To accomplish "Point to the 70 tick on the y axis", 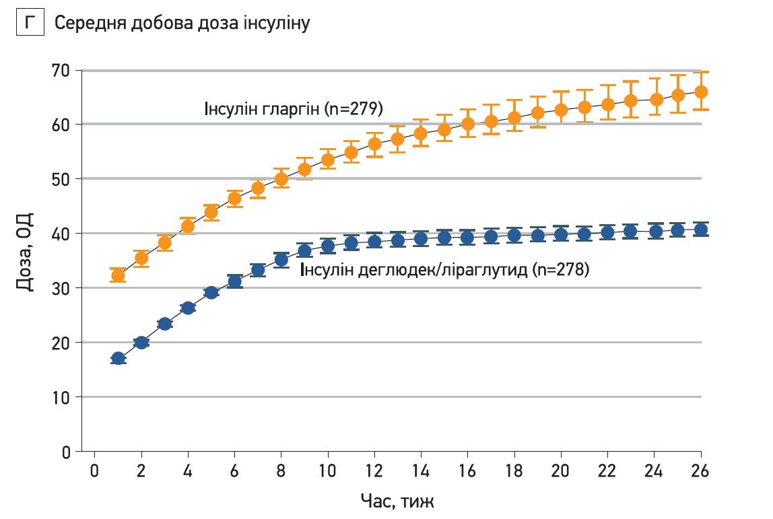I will pos(62,70).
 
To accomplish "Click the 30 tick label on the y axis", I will pos(62,288).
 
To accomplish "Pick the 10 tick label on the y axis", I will pos(62,397).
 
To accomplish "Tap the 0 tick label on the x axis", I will pos(95,469).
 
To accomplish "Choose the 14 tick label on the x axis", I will pos(421,469).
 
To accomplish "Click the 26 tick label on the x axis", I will pos(701,469).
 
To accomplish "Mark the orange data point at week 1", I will pos(118,275).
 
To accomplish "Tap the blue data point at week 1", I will pos(118,358).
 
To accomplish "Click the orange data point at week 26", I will pos(701,92).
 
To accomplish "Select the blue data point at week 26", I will pos(701,230).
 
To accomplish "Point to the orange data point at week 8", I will pos(281,179).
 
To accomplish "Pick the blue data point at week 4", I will pos(188,308).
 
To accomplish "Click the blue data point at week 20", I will pos(561,235).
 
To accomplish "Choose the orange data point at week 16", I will pos(468,124).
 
